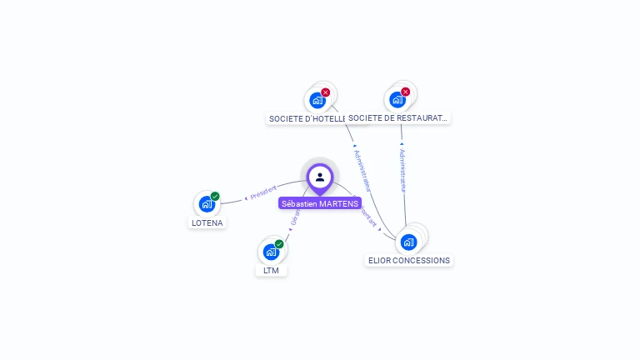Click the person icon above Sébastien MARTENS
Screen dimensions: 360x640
(320, 177)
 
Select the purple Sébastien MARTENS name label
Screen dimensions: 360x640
(320, 203)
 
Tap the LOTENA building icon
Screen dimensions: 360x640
(207, 203)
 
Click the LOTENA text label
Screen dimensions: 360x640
(207, 222)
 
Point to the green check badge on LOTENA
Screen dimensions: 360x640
(215, 197)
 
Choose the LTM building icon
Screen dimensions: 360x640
(271, 251)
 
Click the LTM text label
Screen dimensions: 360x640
(271, 270)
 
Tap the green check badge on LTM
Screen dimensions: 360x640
(279, 244)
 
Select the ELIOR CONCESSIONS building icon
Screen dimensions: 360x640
(408, 242)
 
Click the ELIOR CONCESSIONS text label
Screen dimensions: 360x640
(409, 260)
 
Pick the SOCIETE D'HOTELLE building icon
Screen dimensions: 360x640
(317, 100)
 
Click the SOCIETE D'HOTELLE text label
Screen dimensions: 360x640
(307, 118)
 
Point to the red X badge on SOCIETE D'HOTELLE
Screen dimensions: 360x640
(326, 92)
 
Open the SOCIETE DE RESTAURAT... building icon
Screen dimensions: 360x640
(397, 99)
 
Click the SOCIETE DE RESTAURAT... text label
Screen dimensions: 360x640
(398, 117)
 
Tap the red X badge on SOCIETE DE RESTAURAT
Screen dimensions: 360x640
(406, 92)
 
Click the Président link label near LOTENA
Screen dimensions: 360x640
(263, 192)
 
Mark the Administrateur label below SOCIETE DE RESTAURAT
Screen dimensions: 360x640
(402, 171)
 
